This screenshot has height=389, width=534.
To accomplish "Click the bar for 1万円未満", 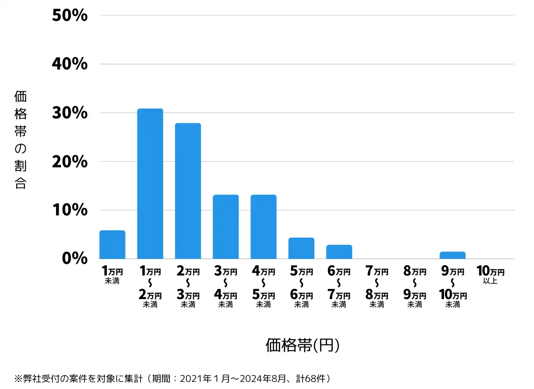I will point(112,244).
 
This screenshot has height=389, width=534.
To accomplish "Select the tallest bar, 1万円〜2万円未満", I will point(150,183).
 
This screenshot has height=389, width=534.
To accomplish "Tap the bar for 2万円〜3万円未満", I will point(188,191).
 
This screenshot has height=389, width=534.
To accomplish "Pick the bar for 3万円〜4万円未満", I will point(226,227).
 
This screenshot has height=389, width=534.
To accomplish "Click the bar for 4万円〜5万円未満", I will point(263,227).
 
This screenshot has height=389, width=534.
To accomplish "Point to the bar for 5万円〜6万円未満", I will point(301,248).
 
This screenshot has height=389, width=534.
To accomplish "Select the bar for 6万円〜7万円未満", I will point(339,251).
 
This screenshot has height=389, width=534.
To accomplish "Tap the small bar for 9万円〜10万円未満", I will point(453,255).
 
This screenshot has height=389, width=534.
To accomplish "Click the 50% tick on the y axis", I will point(70,16).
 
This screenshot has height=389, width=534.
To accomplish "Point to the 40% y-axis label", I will point(70,64).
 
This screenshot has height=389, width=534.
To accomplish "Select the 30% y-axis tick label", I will point(70,113).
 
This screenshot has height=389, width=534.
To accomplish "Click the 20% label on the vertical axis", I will point(70,162).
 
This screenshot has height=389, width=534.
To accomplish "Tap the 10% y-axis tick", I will point(70,210).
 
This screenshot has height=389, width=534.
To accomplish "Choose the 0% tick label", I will point(74,259).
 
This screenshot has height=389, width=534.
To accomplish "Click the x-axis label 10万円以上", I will point(490,275).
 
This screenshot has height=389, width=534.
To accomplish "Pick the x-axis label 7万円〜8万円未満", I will point(377,287).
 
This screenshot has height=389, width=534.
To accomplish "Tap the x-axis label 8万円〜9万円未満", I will point(415,287).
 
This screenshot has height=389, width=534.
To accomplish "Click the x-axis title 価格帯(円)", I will point(303,345).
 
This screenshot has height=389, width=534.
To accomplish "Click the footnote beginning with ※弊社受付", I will point(174,379).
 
